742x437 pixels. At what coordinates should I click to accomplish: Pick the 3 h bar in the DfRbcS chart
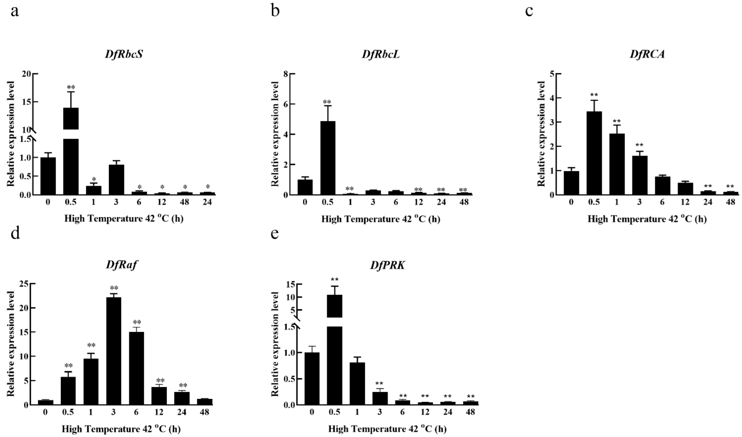coord(116,180)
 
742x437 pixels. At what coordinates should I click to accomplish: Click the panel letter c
coord(529,11)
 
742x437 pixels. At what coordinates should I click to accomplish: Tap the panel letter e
coord(275,234)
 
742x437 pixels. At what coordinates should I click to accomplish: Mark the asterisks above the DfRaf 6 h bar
coord(137,322)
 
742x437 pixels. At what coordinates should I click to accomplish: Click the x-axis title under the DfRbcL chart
coord(380,219)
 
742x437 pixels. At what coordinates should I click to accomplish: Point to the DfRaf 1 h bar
coord(91,381)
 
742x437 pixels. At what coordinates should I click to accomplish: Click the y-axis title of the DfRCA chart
coord(541,134)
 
